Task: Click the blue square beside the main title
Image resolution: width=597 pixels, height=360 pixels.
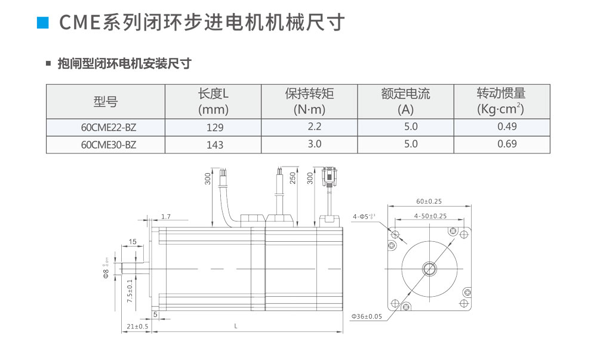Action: [42, 23]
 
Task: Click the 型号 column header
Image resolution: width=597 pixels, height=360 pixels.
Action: [106, 101]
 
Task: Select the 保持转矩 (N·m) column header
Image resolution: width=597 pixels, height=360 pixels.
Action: [309, 101]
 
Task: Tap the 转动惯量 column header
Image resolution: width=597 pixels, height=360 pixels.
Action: [501, 101]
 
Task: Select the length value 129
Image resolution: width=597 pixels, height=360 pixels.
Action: [214, 127]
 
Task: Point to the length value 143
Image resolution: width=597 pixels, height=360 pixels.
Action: [214, 144]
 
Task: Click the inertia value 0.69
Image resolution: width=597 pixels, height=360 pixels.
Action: [507, 144]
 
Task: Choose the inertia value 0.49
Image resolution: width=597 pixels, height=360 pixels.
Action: [507, 127]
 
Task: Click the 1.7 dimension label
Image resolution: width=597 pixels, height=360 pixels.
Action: [166, 216]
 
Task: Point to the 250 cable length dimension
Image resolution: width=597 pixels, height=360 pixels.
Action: [293, 179]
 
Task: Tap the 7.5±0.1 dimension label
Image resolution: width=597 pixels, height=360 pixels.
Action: [130, 290]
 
